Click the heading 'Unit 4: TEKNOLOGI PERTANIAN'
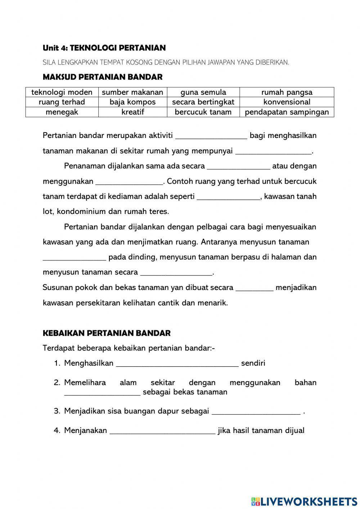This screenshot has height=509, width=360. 104,48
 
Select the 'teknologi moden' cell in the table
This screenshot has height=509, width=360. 62,92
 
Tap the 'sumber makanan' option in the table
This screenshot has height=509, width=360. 132,92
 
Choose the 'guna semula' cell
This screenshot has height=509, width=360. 203,92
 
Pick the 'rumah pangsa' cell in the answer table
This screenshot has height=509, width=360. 287,92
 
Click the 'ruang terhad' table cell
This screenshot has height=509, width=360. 62,102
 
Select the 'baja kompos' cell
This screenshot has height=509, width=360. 132,102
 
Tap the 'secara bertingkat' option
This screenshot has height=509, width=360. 203,102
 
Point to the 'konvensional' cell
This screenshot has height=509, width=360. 287,102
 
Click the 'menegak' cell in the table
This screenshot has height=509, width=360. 62,112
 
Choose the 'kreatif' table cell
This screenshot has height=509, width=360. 132,112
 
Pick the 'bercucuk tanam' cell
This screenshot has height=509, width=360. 203,112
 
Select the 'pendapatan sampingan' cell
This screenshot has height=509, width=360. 287,112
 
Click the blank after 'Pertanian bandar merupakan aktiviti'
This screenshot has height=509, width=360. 211,136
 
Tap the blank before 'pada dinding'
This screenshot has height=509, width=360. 74,257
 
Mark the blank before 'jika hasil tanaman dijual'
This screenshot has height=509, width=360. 162,431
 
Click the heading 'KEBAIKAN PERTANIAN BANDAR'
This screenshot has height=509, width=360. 107,333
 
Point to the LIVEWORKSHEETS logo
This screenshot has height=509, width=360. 304,501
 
